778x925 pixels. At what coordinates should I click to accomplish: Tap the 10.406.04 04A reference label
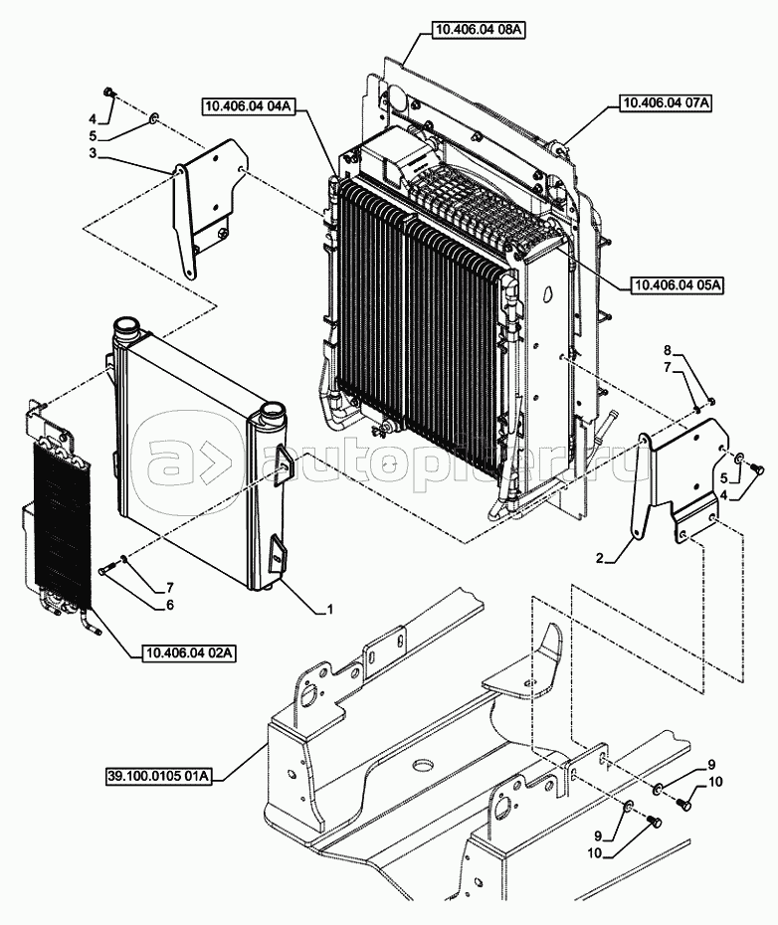(x=246, y=105)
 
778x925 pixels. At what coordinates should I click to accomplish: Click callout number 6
(x=169, y=604)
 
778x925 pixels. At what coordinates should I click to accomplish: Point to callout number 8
(x=669, y=350)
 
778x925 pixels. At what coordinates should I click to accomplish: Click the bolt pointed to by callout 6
(x=107, y=571)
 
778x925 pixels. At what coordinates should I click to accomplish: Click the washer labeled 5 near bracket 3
(x=153, y=119)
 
